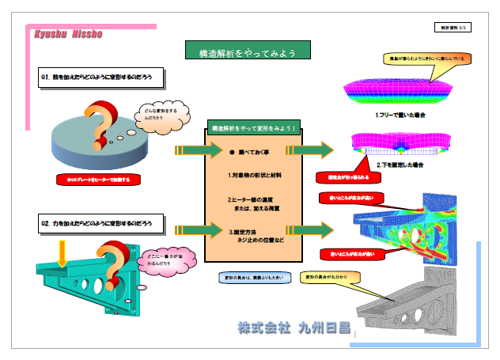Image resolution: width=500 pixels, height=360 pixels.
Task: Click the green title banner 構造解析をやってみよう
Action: [x=247, y=52]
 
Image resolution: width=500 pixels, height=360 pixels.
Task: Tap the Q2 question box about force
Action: [x=103, y=225]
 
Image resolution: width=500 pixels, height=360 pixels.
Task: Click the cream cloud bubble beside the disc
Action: [x=163, y=116]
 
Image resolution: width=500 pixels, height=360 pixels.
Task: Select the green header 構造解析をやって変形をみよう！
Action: [x=255, y=127]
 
